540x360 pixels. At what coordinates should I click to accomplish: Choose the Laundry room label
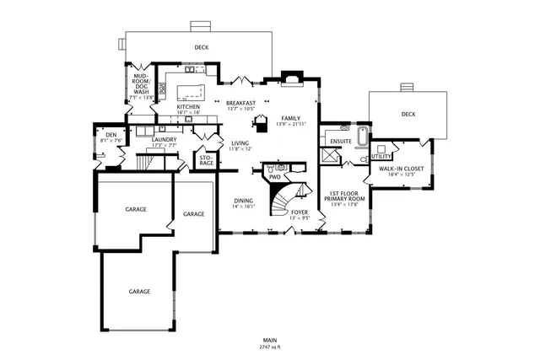pyautogui.click(x=164, y=142)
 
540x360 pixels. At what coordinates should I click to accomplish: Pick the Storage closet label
pyautogui.click(x=206, y=159)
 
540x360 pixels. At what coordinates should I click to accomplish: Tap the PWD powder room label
pyautogui.click(x=274, y=178)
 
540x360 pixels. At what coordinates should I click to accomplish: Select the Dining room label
pyautogui.click(x=243, y=203)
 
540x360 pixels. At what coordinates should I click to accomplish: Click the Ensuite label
pyautogui.click(x=341, y=141)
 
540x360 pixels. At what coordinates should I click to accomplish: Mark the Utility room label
pyautogui.click(x=381, y=156)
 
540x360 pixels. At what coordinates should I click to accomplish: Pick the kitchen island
pyautogui.click(x=188, y=91)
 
